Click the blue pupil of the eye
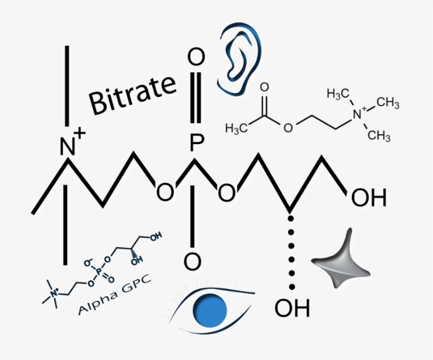210,310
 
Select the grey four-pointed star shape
342,261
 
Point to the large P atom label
197,143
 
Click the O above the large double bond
196,57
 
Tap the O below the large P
193,261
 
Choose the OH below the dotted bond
292,308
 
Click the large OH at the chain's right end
369,197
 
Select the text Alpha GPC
115,295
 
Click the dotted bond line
291,253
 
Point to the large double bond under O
195,97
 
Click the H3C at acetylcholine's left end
237,129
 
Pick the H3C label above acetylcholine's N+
338,94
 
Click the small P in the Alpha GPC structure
99,272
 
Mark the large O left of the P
165,192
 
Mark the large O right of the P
227,192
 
